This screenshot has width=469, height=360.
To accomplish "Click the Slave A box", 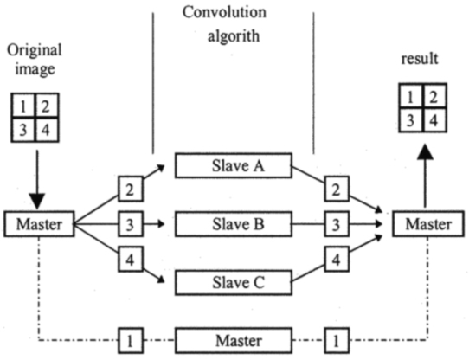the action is point(234,165).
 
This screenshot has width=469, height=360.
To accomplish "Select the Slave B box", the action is point(234,224).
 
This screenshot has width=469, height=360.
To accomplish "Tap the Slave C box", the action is point(234,282).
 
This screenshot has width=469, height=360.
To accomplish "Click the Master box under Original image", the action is point(39,224).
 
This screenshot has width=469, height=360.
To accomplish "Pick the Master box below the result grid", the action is point(428,224).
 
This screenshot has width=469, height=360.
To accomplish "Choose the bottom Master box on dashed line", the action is point(234,340).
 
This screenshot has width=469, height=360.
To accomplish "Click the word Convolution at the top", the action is point(224,13).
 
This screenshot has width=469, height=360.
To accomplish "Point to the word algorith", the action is point(234,36).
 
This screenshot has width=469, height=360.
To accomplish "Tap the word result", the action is point(420,58).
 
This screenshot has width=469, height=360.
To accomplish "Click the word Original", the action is point(35,51).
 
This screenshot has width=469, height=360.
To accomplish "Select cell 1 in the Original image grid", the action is point(23,106).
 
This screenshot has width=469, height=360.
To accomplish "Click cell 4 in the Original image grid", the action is point(47,129).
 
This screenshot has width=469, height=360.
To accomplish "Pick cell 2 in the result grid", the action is point(435,96).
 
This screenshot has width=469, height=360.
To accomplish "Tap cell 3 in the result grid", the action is point(411,120).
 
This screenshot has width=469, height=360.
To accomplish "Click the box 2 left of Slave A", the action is point(130,190).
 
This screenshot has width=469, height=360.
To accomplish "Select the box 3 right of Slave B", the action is point(337,224).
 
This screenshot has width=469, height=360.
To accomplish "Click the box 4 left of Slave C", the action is point(130,259).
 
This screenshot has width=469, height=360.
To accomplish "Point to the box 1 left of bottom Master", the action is point(130,340).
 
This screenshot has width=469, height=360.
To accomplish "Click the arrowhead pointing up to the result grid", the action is point(425,152).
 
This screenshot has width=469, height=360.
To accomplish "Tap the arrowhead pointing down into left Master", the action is point(37,202).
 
